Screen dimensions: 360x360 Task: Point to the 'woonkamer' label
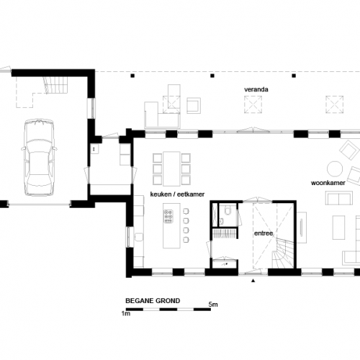click(x=325, y=184)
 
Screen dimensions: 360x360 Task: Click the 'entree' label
click(x=263, y=235)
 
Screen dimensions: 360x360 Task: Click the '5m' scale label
click(x=213, y=305)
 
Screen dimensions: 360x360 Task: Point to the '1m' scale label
click(x=126, y=315)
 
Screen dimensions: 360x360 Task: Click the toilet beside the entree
click(x=226, y=212)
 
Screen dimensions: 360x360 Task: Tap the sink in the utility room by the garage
click(x=94, y=149)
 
